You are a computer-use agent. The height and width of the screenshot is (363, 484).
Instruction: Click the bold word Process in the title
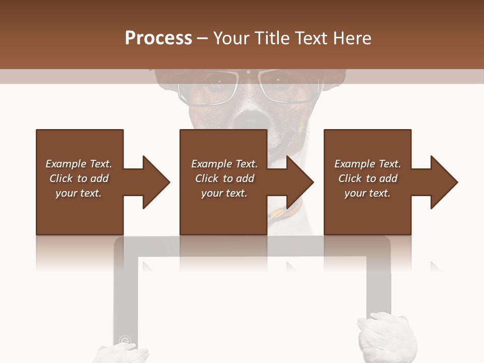point(158,38)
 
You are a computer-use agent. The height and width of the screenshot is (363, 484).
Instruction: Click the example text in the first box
point(79,178)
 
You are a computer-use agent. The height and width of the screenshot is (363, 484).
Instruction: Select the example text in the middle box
point(224,178)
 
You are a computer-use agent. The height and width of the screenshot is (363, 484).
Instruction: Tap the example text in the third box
point(368,178)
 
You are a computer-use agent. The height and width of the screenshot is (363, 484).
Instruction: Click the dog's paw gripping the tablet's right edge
point(387,338)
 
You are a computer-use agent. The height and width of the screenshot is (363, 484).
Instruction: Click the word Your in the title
point(232,38)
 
